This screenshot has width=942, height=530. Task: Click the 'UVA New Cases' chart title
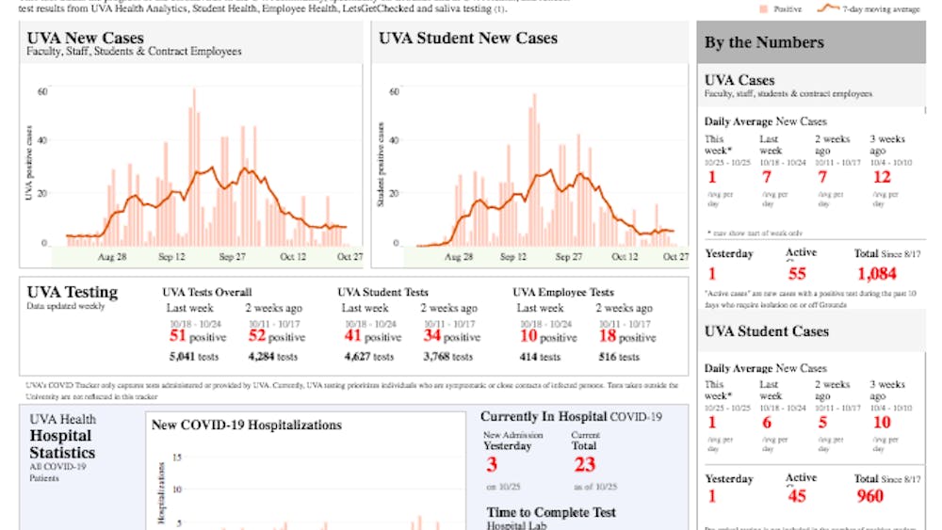tap(86, 38)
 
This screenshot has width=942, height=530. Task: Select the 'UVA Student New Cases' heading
tap(467, 38)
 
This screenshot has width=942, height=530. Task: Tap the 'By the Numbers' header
tap(764, 42)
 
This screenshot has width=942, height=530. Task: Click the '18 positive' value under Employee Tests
tap(625, 336)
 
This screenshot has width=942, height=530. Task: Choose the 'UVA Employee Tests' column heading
tap(562, 293)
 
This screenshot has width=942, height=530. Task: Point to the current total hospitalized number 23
tap(584, 463)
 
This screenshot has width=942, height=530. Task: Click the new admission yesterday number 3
tap(492, 463)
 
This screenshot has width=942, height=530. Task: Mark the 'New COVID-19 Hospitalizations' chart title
tap(247, 425)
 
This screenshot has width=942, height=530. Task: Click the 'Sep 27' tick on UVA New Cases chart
tap(233, 257)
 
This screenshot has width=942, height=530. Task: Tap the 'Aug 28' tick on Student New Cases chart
tap(458, 257)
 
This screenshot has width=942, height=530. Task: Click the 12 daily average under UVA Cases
tap(881, 177)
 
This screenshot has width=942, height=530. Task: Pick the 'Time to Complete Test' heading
tap(551, 512)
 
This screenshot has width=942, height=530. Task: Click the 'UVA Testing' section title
tap(73, 292)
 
